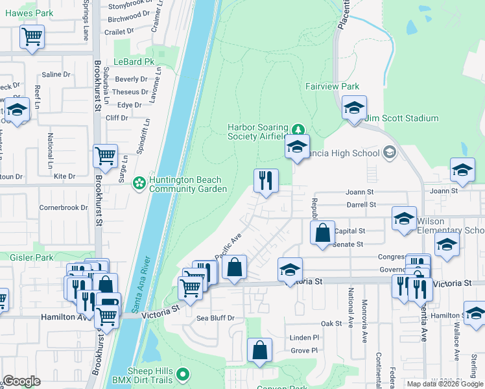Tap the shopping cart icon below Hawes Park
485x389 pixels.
(x=32, y=37)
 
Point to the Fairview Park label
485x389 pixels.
(x=332, y=86)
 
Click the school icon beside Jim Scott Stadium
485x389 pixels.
(x=354, y=108)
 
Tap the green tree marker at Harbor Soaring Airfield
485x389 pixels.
(x=298, y=128)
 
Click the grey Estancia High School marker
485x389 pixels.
(x=389, y=153)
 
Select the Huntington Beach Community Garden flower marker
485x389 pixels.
(x=139, y=184)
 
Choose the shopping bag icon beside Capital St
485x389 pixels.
(x=322, y=233)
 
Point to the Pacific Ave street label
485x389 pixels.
(x=228, y=246)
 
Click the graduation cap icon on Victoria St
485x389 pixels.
(x=290, y=270)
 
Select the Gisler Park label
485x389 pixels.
(x=22, y=257)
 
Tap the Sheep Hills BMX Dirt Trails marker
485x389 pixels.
(x=183, y=374)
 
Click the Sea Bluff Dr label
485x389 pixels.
(x=215, y=318)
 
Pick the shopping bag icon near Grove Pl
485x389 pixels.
(x=259, y=350)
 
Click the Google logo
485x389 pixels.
(x=21, y=381)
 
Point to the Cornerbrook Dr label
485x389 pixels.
(x=63, y=208)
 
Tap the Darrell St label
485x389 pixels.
(x=361, y=204)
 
